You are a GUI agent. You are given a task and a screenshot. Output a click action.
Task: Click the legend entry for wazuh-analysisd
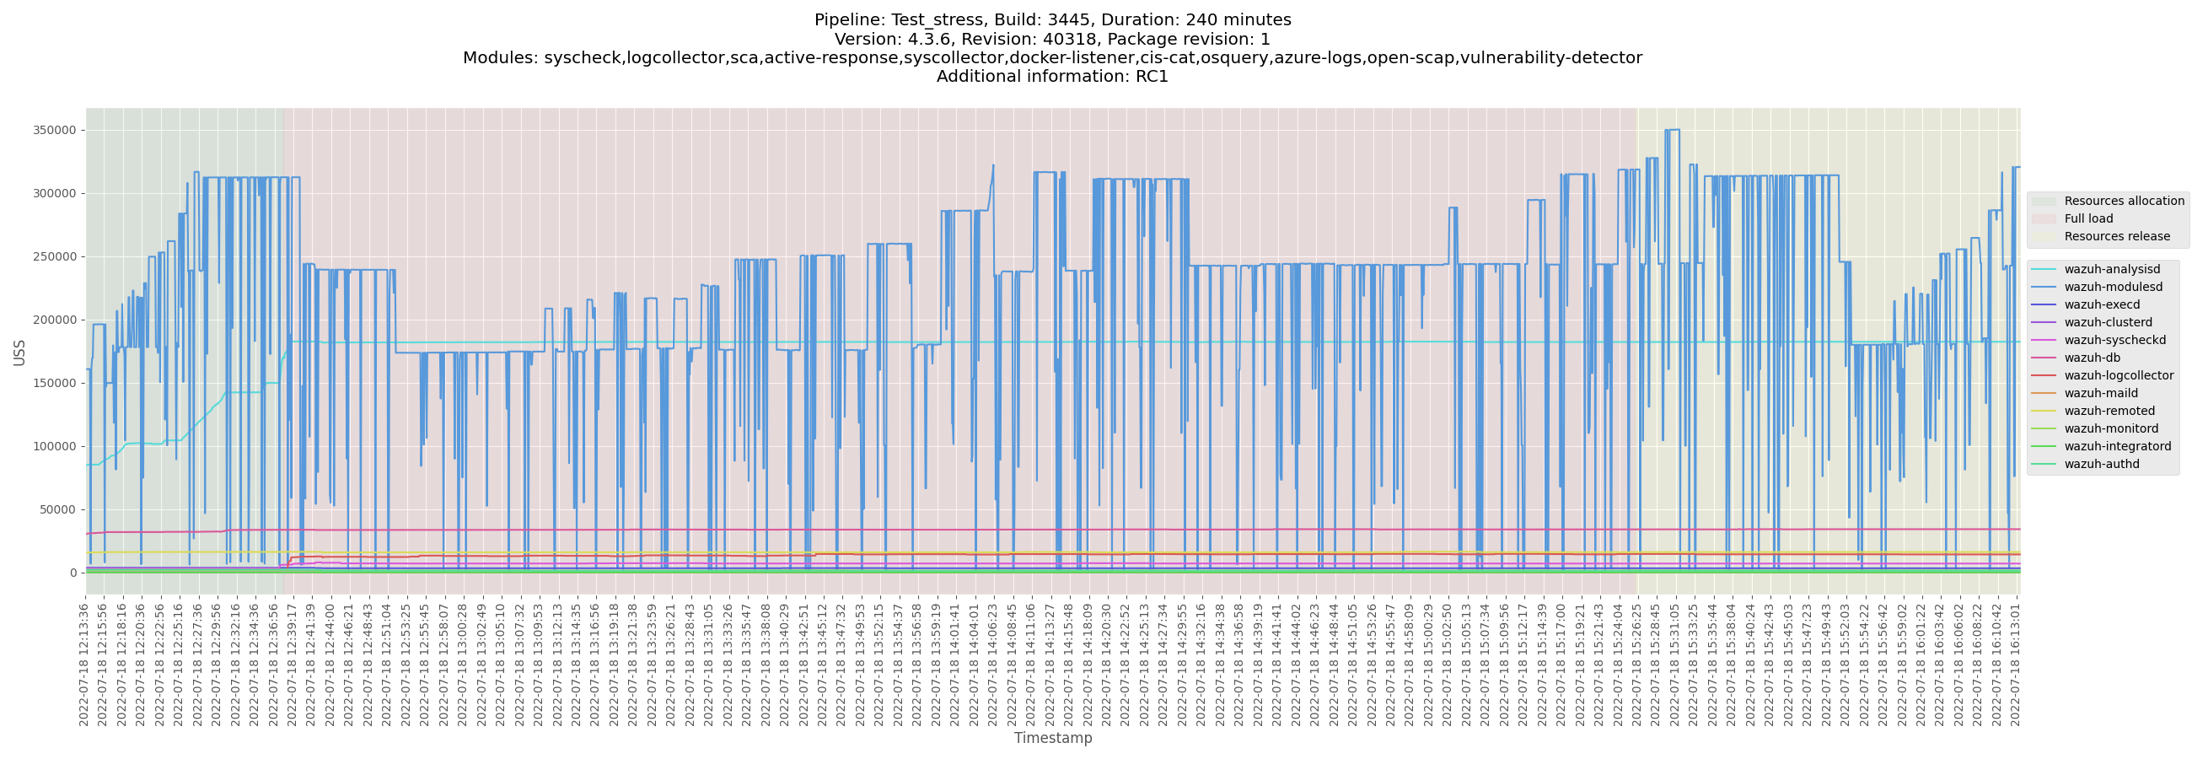tap(2111, 270)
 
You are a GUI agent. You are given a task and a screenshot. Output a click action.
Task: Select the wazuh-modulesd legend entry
tap(2113, 288)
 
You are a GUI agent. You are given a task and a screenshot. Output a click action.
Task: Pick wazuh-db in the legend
tap(2092, 358)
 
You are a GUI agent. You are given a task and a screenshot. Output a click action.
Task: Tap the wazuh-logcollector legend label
tap(2118, 376)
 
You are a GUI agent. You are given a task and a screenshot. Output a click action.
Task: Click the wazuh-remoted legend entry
tap(2109, 411)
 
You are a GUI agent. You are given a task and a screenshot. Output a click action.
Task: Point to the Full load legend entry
tap(2088, 218)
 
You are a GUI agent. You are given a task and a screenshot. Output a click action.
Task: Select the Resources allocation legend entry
tap(2123, 201)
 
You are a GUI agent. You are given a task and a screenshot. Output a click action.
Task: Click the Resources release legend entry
tap(2116, 236)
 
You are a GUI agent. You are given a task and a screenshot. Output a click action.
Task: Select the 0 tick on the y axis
tap(73, 573)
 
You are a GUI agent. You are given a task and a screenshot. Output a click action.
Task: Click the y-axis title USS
tap(19, 353)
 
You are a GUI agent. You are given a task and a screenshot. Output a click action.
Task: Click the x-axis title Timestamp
tap(1053, 738)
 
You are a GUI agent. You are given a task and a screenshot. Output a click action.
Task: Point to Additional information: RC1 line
tap(1053, 77)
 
